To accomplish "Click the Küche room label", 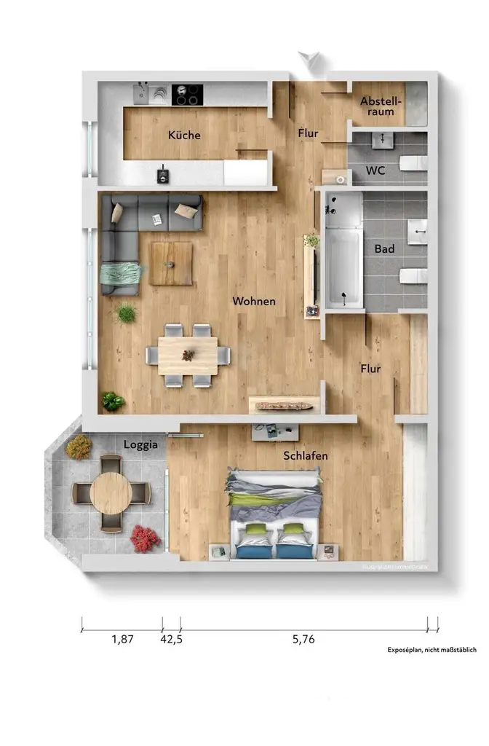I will click(x=183, y=136).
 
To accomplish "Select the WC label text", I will click(x=375, y=171).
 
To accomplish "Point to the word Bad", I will click(x=384, y=249).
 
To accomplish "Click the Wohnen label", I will click(x=253, y=301).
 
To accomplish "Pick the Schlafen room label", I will click(x=306, y=456).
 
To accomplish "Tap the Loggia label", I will click(x=140, y=444).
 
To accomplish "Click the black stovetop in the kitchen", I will click(x=187, y=95).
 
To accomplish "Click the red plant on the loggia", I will click(x=145, y=538).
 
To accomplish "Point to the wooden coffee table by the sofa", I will click(x=171, y=264).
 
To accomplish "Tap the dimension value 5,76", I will click(x=303, y=640).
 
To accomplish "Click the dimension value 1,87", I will click(x=122, y=640).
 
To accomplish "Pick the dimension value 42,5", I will click(x=171, y=640).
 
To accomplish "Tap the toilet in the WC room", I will click(x=415, y=162).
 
